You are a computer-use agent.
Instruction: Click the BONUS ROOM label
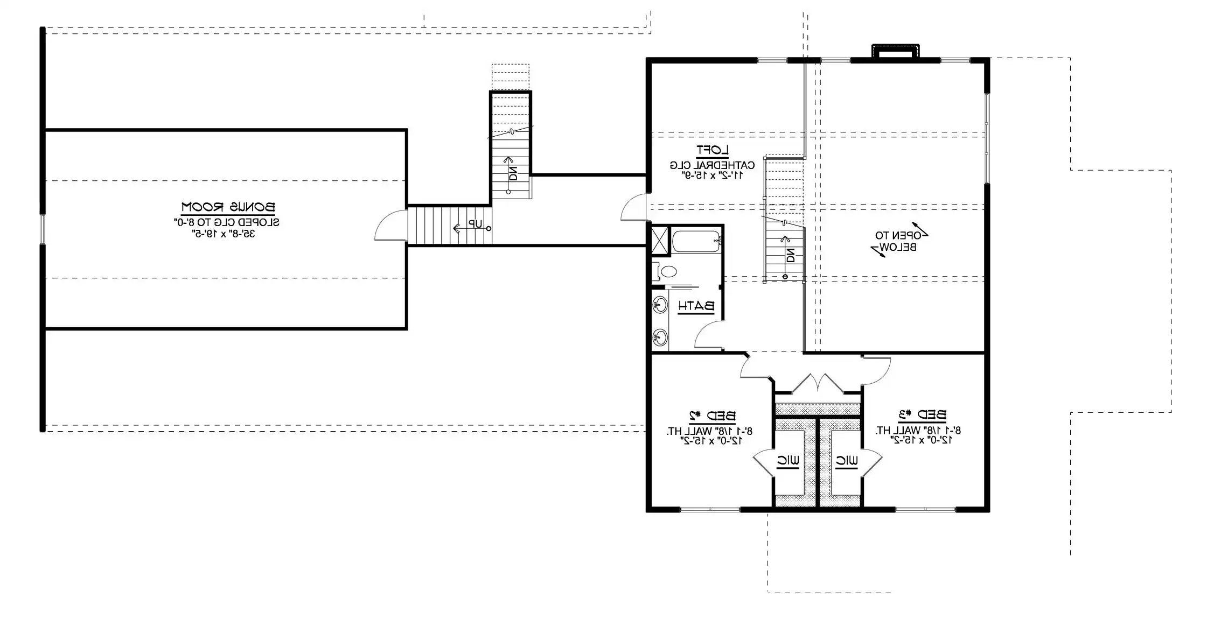tap(228, 207)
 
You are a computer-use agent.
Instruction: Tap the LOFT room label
tap(712, 150)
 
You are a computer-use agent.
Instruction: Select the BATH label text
tap(696, 306)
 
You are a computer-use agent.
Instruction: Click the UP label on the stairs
tap(475, 224)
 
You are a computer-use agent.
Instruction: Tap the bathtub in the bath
tap(696, 241)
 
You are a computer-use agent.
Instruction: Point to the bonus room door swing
tap(389, 227)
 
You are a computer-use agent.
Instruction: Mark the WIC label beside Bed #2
tap(787, 461)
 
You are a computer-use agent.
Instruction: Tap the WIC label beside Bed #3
tap(847, 461)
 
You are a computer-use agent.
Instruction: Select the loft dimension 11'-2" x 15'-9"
tap(713, 175)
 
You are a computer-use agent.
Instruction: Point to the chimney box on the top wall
tap(896, 51)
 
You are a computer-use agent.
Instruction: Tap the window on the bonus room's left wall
tap(43, 229)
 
